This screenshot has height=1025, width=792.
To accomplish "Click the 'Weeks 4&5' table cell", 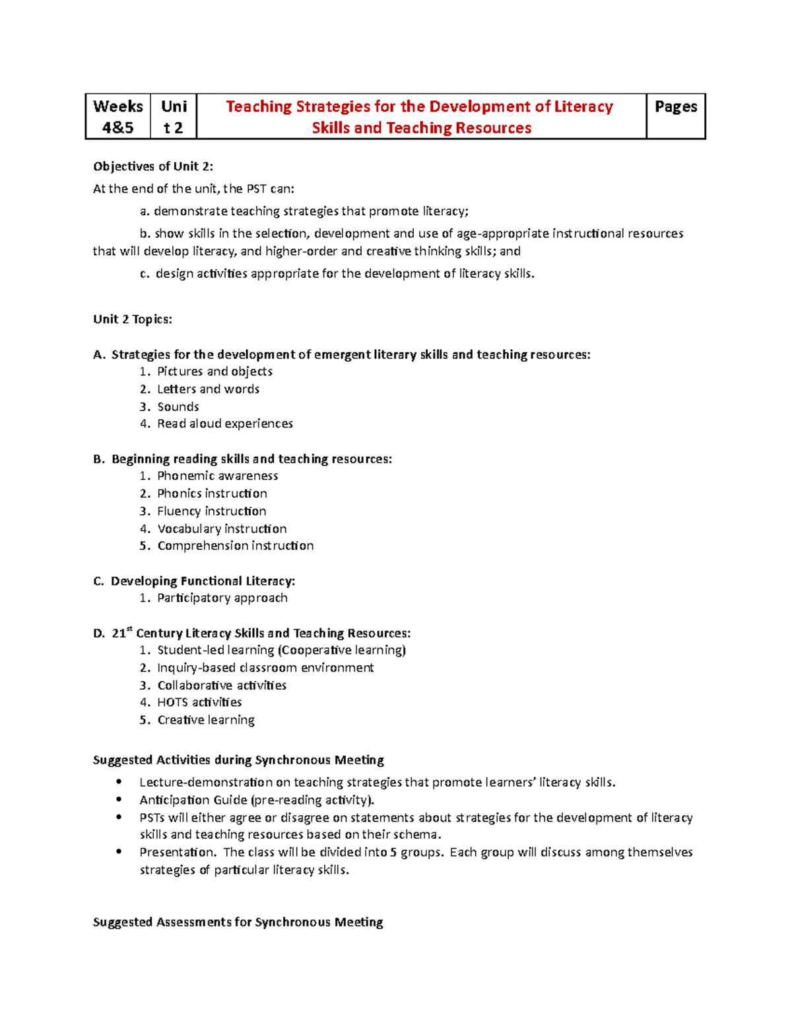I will coord(118,117).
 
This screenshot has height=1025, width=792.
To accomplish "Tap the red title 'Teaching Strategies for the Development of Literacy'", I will coord(420,107).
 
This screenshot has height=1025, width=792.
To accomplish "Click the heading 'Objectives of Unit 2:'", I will coord(153,166).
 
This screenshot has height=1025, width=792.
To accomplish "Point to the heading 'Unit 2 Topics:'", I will coord(133,319).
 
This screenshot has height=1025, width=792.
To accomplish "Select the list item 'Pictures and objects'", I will coord(214,372).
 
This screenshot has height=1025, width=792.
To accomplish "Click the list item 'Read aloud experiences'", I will coord(224,424).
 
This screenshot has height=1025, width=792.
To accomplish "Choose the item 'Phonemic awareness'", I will coord(217,476).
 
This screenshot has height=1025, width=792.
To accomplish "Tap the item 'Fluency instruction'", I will coord(211,511).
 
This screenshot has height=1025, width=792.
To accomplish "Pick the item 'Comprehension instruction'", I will coord(235,546).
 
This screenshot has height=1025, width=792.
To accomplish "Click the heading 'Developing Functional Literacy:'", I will coord(203,581).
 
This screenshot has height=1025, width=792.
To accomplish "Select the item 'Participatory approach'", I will coord(222,598).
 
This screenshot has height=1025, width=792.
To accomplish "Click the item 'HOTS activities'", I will coord(199,702).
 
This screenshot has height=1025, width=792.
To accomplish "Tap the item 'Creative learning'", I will coord(206,720).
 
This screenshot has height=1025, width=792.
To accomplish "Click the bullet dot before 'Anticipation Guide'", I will coord(119,799).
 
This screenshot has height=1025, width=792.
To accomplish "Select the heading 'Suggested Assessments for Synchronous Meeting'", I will coord(238,922).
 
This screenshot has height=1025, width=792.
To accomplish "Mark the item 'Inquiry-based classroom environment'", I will coord(265,668).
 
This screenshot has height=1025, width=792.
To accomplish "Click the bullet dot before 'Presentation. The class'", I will coord(119,851).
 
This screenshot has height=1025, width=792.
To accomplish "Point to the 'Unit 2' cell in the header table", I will coord(174,117).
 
